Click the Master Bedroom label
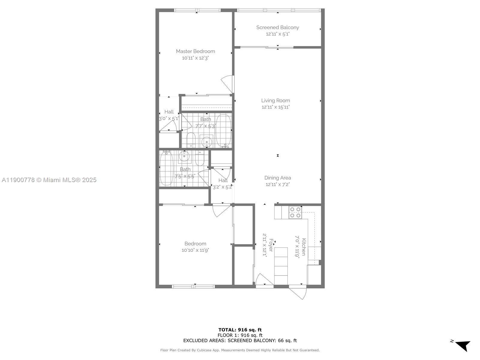click(x=195, y=51)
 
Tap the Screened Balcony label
click(x=277, y=28)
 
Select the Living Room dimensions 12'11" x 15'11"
click(x=275, y=107)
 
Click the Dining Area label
click(x=277, y=178)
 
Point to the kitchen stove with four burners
click(x=295, y=212)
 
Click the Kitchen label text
click(x=304, y=247)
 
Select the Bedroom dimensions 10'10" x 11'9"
click(x=195, y=250)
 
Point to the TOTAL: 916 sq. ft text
click(x=240, y=330)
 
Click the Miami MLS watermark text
click(x=49, y=180)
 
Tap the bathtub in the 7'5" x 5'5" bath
click(x=166, y=169)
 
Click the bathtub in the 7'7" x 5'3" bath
click(x=224, y=131)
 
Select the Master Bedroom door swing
click(x=227, y=84)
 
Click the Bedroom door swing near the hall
click(x=219, y=211)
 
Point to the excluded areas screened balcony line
click(x=240, y=340)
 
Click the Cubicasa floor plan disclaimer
click(x=240, y=350)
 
